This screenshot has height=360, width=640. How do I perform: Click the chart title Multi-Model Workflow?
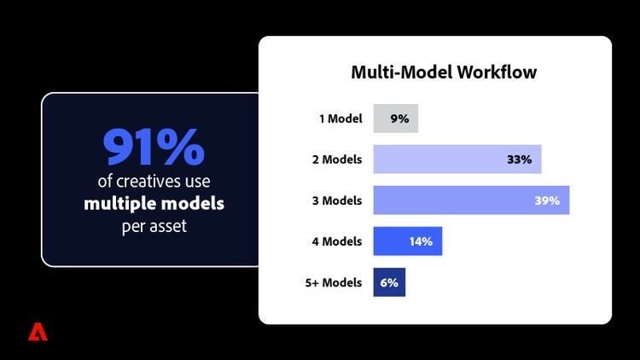[444, 73]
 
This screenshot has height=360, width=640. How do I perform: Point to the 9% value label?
[399, 119]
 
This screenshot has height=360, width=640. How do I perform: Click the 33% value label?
[519, 160]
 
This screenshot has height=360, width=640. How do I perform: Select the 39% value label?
[546, 200]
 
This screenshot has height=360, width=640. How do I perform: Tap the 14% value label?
[421, 241]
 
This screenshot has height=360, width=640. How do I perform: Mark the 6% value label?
[389, 282]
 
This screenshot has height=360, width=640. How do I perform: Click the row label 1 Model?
[340, 119]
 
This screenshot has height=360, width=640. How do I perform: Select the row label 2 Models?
[337, 160]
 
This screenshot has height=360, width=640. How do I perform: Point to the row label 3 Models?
[337, 200]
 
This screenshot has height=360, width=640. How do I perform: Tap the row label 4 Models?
[337, 241]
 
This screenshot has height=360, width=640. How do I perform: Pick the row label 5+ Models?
[334, 282]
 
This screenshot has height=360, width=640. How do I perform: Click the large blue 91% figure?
[154, 148]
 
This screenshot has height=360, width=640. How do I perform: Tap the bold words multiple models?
[154, 205]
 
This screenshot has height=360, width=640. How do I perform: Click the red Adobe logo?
[38, 332]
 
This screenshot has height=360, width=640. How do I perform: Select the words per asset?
[154, 228]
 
